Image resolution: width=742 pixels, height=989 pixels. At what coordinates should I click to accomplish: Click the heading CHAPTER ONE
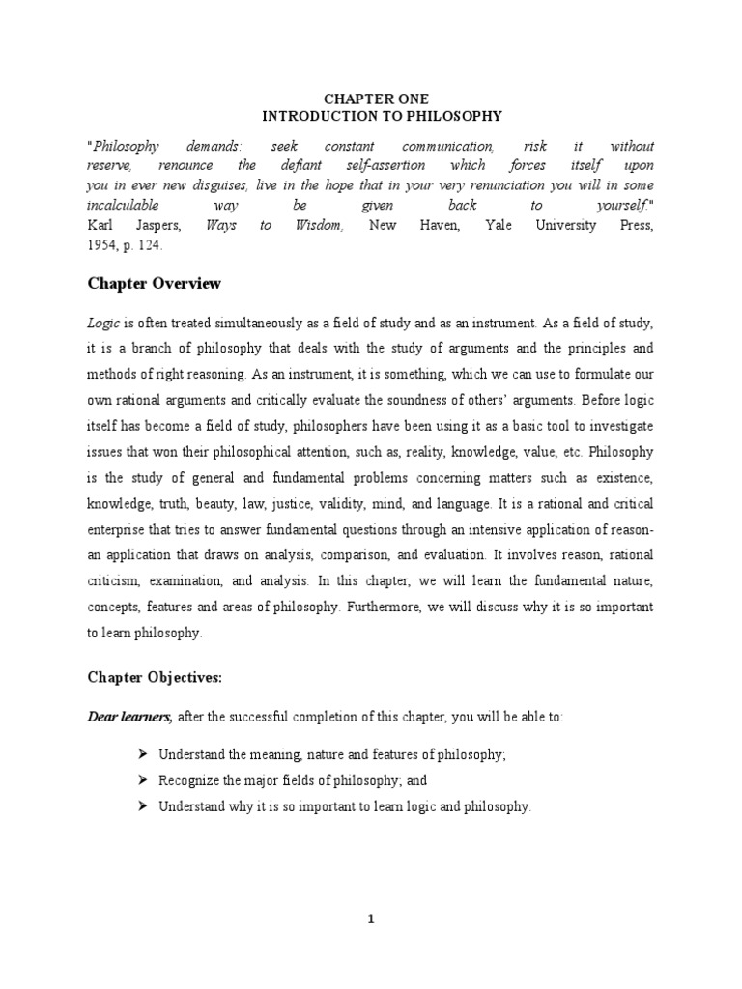pos(370,99)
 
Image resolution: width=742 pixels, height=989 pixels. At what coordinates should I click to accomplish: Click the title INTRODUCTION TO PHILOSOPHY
pos(370,116)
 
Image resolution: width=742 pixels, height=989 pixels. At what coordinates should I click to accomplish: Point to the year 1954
pos(102,244)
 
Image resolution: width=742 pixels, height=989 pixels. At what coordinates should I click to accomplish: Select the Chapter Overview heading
pos(155,284)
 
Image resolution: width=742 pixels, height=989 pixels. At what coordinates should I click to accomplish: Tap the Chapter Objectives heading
pos(155,678)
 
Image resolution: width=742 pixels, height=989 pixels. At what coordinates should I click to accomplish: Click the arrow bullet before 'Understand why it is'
pos(142,806)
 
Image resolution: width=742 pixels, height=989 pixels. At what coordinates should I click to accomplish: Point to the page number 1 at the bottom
pos(370,919)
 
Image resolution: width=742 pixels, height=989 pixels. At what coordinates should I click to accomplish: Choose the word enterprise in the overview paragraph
pos(121,529)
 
